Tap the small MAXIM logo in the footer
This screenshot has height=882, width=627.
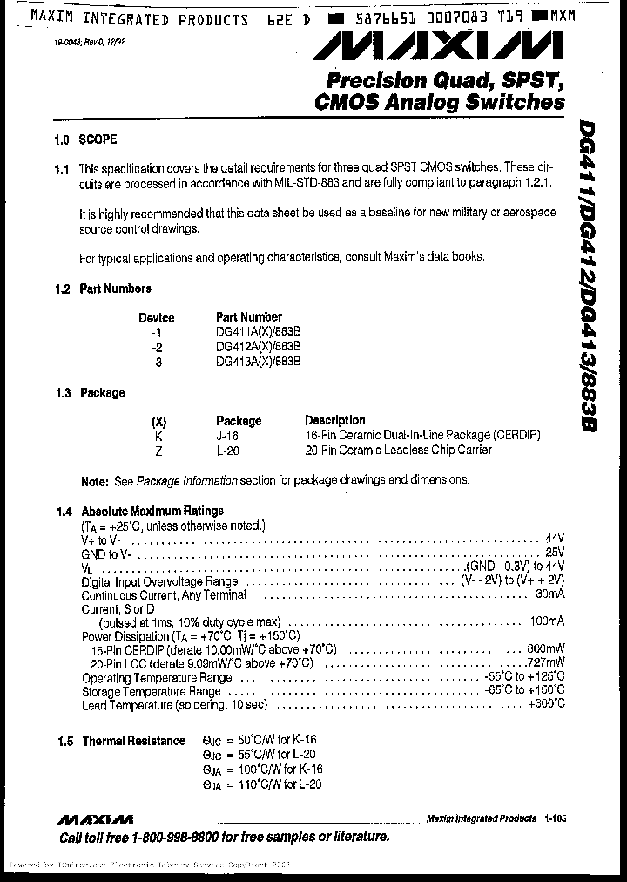[95, 819]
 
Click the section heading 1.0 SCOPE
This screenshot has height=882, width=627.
[84, 139]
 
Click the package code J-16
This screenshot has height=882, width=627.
[226, 435]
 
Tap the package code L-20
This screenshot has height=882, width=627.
[226, 450]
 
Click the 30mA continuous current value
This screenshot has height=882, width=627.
[549, 594]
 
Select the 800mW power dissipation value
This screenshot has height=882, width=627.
[546, 649]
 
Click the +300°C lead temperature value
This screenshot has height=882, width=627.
[546, 704]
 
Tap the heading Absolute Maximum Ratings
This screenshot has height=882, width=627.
[152, 512]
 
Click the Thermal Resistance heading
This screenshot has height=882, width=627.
[133, 741]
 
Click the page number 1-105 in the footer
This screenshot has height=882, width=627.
[554, 818]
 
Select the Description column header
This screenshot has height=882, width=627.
[335, 420]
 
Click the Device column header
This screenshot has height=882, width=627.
[156, 318]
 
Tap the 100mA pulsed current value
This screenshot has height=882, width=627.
[547, 621]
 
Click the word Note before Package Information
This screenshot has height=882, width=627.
[94, 480]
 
